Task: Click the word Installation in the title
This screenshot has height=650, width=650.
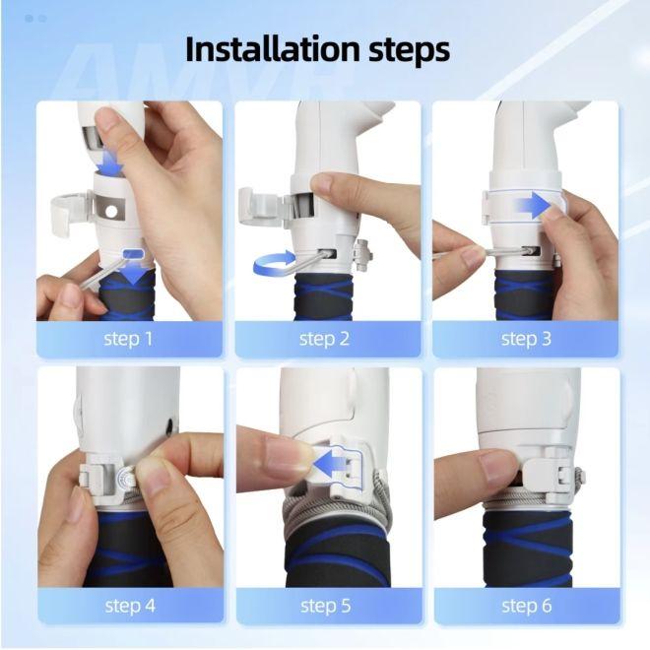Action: [273, 49]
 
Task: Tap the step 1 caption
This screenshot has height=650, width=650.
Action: [128, 339]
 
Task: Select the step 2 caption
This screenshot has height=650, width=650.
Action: [324, 339]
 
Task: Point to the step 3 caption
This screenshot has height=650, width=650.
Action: [526, 339]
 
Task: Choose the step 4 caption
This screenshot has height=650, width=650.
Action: [130, 606]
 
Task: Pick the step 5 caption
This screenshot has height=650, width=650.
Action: [326, 606]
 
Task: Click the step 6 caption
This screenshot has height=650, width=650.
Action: [527, 606]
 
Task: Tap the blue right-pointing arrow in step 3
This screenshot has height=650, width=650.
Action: [532, 205]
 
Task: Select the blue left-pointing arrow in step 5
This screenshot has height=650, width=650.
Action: [331, 463]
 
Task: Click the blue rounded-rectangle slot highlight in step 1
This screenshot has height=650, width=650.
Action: [133, 253]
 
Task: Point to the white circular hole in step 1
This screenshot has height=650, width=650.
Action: [111, 212]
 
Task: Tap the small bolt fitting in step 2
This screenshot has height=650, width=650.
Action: [362, 255]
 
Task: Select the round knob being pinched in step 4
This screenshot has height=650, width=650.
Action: [126, 480]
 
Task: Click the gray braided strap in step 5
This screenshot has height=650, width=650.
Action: [336, 510]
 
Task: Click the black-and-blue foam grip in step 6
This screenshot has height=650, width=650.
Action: [527, 548]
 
